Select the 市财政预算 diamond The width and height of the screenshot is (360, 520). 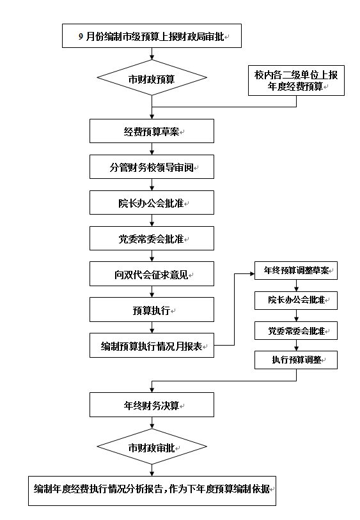tap(152, 79)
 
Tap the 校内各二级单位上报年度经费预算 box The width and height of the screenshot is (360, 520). tap(296, 80)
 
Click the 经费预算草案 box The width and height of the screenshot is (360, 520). tap(152, 131)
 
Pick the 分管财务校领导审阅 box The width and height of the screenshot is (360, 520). tap(152, 167)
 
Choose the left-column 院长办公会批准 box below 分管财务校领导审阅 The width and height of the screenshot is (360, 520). tap(152, 203)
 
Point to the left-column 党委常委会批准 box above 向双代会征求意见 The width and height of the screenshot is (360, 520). tap(152, 238)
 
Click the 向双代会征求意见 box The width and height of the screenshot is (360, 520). tap(152, 274)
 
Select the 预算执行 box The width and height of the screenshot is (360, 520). tap(152, 310)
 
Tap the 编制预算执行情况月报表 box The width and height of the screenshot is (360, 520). tap(152, 346)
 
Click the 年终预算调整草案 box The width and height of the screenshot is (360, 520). tap(296, 271)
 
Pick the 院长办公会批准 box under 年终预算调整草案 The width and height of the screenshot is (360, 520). tap(296, 300)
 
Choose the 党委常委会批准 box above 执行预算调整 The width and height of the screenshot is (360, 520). tap(296, 330)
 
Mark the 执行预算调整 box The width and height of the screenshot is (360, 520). tap(296, 360)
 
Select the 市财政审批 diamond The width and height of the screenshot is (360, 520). tap(152, 447)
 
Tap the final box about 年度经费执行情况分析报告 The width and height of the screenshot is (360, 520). tap(152, 490)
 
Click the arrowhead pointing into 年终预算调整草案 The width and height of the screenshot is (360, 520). tap(251, 273)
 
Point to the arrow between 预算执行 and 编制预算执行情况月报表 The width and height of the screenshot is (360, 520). tap(152, 328)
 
